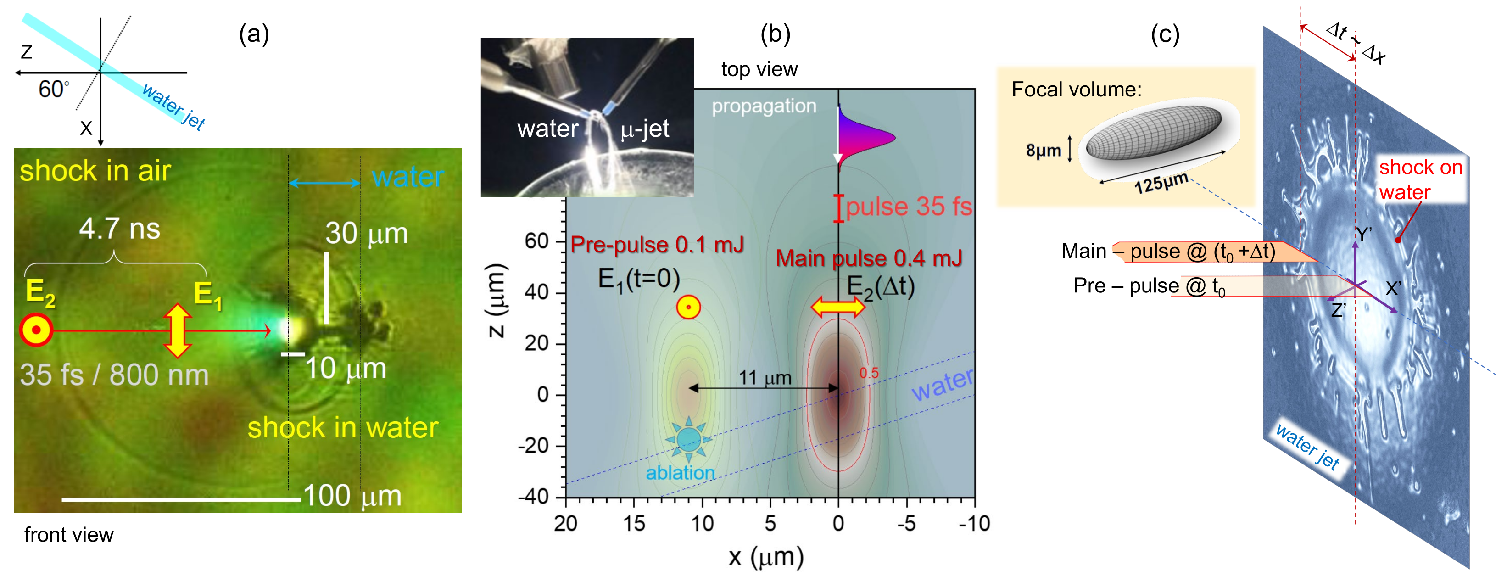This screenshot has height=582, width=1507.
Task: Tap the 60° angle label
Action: click(x=53, y=90)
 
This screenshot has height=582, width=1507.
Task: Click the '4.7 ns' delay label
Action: click(x=119, y=229)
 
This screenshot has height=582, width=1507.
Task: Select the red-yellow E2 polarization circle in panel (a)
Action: click(x=36, y=330)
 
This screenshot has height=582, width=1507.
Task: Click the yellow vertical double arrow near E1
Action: click(x=177, y=330)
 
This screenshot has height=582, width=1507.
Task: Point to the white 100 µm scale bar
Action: click(x=181, y=499)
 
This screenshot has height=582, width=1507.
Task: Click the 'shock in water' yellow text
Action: click(x=342, y=428)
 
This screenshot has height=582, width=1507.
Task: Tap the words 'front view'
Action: click(x=68, y=535)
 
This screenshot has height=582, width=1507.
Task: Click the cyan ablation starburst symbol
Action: click(x=688, y=439)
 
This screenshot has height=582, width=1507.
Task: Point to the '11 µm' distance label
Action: click(x=765, y=378)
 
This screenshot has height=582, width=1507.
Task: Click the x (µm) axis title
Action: click(x=766, y=557)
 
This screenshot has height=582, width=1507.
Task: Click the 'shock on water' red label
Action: click(x=1420, y=179)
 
